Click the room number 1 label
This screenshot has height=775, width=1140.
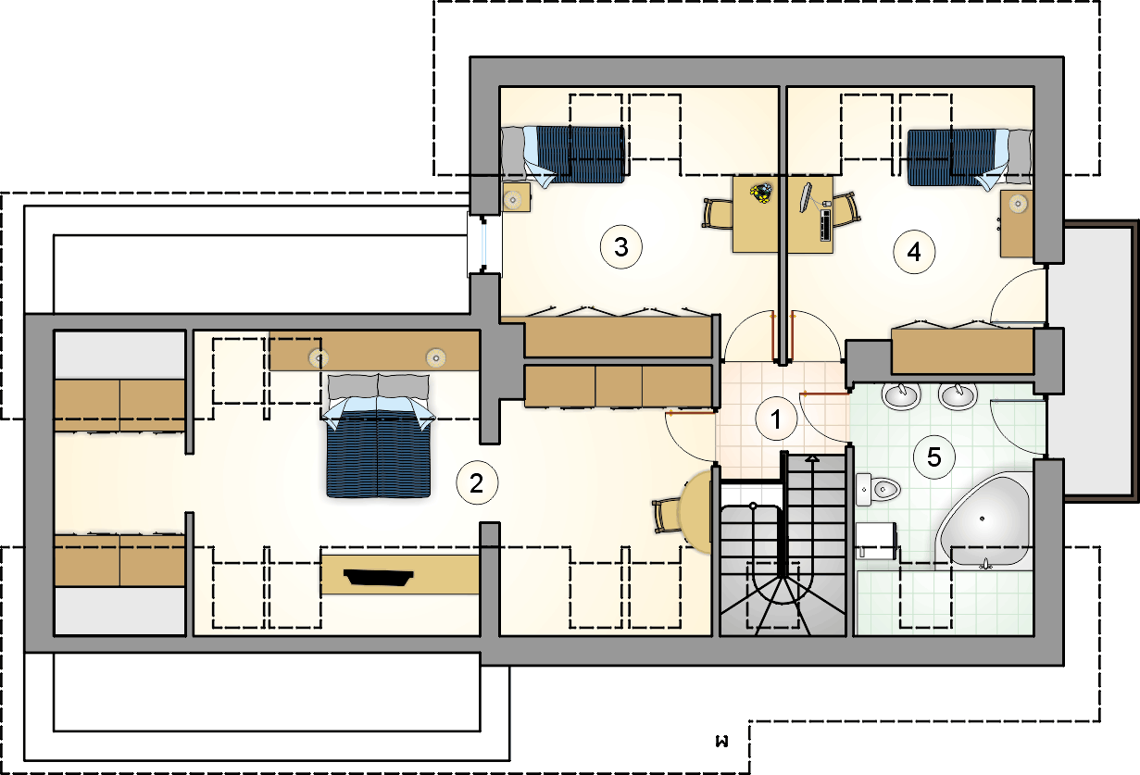[x=776, y=419]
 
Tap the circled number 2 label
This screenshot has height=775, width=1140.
[x=477, y=482]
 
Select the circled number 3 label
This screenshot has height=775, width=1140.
[x=620, y=247]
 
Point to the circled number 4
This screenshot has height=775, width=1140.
[x=914, y=252]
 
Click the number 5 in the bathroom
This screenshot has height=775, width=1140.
[x=934, y=457]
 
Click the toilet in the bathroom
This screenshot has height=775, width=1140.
[x=878, y=490]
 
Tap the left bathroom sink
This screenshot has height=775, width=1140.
[x=901, y=395]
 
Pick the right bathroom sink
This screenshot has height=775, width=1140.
[x=958, y=395]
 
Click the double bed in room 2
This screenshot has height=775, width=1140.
[x=378, y=435]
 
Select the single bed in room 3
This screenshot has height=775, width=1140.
[x=563, y=155]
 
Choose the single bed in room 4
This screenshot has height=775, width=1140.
[x=970, y=158]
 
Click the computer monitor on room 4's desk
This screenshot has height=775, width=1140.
[x=805, y=197]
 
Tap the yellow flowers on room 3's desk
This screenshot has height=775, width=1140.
[x=761, y=194]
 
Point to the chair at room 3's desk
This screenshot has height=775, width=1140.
[x=718, y=214]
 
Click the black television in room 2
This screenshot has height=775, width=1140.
[x=378, y=578]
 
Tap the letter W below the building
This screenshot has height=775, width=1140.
[x=721, y=742]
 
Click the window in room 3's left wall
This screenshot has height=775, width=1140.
[x=483, y=244]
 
